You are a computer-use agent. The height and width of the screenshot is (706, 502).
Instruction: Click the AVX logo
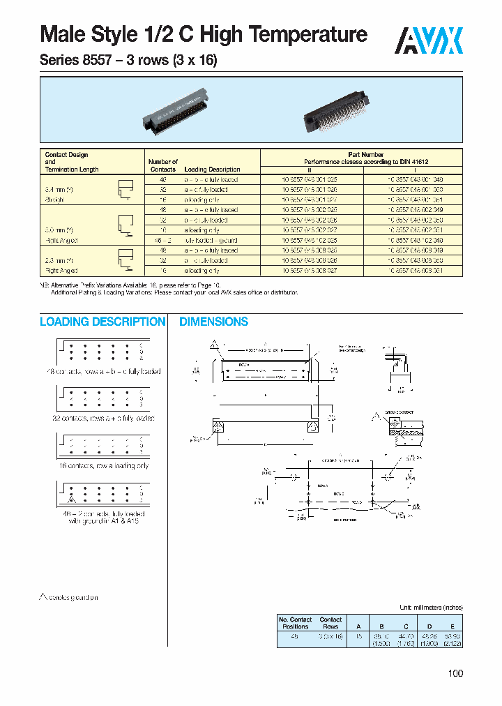coord(429,40)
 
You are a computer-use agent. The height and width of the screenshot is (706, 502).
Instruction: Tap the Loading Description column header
coord(212,170)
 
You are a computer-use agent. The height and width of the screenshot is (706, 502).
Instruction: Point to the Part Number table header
coord(361,155)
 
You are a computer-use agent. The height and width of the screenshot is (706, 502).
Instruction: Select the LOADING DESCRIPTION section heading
coord(102,322)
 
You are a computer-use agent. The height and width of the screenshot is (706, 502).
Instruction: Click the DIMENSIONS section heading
coord(213,322)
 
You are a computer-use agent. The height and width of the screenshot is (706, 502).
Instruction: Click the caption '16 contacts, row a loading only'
coord(102,465)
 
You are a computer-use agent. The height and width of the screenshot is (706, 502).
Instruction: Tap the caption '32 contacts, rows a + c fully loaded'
coord(102,418)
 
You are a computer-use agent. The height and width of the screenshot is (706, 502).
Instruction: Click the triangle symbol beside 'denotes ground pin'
coord(43,596)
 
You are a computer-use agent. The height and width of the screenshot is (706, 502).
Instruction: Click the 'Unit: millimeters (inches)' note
coord(431,607)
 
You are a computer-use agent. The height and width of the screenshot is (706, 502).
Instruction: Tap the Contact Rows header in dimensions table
coord(330,623)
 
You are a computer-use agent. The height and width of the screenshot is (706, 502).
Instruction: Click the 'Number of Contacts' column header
coord(163,165)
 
